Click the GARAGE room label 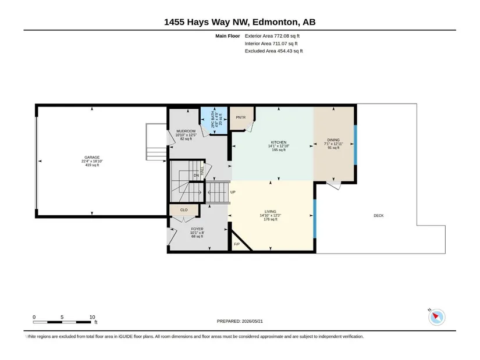point(92,158)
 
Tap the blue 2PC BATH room point(214,120)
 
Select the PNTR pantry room point(241,118)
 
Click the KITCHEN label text point(279,142)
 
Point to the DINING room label point(333,140)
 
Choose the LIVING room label point(271,212)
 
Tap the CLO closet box point(184,210)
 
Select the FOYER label point(197,229)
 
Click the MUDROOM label point(186,131)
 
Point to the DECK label point(379,216)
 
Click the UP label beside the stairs point(233,193)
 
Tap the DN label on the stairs point(196,176)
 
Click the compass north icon point(436,317)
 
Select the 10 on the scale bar point(92,317)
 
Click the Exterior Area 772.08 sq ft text point(272,36)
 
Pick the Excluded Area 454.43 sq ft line point(273,51)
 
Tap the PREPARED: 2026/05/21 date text point(240,321)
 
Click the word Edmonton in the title point(275,22)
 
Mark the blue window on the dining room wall point(355,145)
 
